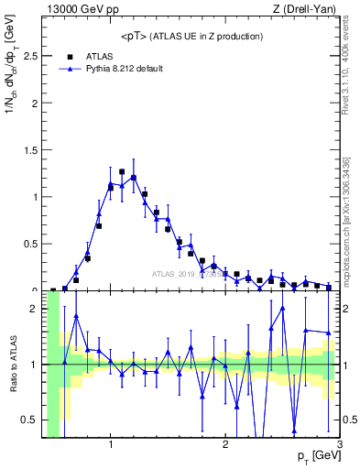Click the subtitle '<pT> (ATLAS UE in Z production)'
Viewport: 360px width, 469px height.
191,36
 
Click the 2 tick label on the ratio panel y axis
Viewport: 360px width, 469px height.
35,309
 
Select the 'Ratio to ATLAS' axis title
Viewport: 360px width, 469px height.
12,365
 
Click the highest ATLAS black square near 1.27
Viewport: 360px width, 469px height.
122,171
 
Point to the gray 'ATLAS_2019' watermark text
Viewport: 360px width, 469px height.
174,273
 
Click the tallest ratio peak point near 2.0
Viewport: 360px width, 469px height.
282,308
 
